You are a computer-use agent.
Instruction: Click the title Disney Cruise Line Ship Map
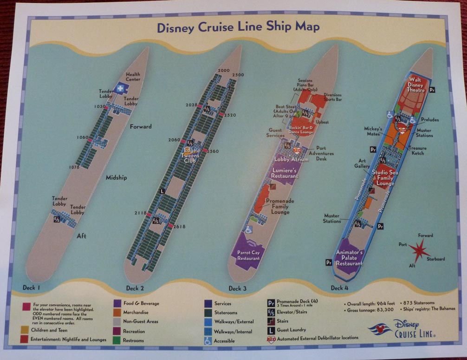(x=238, y=27)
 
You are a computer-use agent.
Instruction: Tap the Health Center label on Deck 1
(x=133, y=77)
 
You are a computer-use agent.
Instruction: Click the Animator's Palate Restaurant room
(x=349, y=257)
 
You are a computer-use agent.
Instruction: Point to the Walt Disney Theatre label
(x=416, y=87)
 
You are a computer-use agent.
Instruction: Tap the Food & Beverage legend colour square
(x=117, y=303)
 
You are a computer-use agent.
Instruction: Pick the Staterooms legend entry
(x=225, y=313)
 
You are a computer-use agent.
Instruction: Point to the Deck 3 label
(x=238, y=288)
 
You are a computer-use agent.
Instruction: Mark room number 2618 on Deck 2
(x=179, y=227)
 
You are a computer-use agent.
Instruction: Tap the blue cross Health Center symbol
(x=121, y=88)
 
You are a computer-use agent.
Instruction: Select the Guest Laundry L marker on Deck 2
(x=162, y=191)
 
